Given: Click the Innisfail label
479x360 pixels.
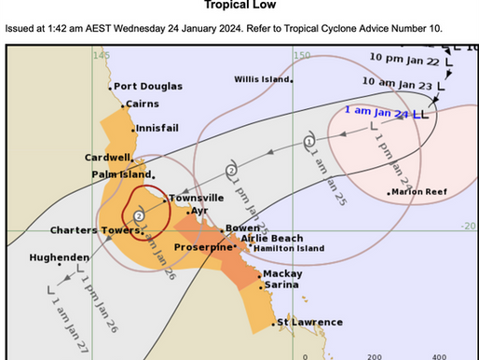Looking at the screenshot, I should point(157,129).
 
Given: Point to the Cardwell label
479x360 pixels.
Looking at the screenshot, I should point(108,157).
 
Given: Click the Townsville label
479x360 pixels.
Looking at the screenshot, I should point(196,198).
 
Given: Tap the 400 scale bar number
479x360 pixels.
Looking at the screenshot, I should point(438,355).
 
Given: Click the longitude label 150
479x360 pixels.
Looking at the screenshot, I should point(301,56).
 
